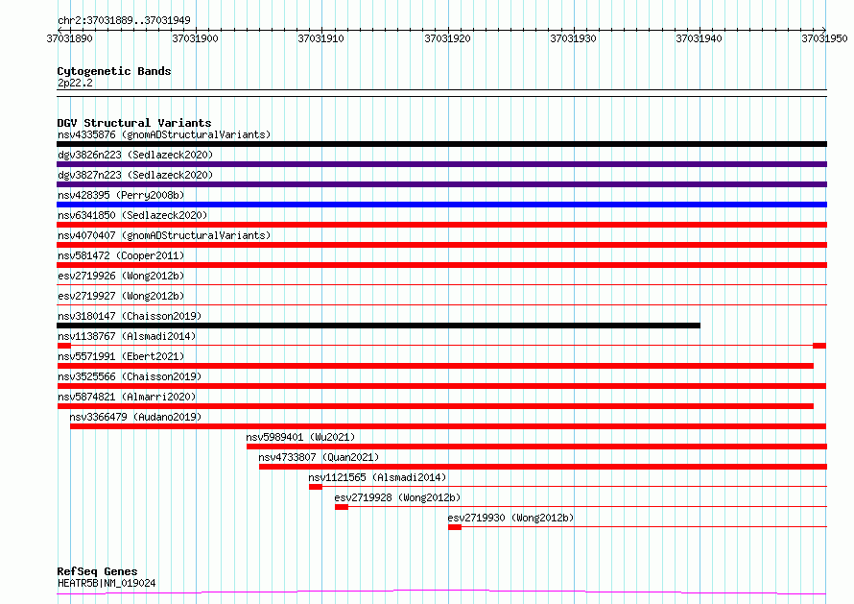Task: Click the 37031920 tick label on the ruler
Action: (x=447, y=38)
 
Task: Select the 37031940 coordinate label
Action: (x=700, y=38)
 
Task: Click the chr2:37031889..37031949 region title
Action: (x=124, y=19)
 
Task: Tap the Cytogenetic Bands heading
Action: (x=113, y=71)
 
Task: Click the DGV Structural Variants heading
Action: (x=133, y=123)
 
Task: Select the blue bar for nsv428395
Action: (x=441, y=205)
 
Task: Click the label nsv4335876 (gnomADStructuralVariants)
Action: (x=163, y=134)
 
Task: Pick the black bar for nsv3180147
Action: (x=378, y=326)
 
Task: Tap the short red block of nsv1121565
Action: (x=315, y=487)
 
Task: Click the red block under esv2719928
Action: (x=341, y=507)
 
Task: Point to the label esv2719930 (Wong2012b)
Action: (x=510, y=519)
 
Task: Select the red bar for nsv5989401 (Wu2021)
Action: (x=535, y=447)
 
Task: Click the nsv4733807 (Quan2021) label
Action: (x=319, y=457)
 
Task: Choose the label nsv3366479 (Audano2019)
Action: (x=134, y=417)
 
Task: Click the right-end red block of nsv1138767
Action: (x=819, y=345)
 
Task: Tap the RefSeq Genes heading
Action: (x=97, y=571)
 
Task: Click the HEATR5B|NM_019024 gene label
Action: (x=107, y=583)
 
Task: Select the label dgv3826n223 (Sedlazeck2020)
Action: (x=134, y=155)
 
